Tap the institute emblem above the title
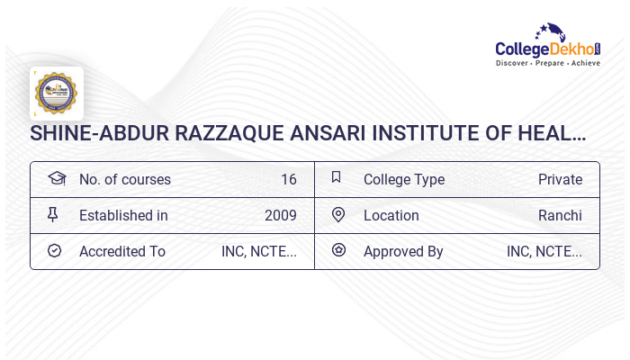56,94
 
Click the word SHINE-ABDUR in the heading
87,134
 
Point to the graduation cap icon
56,178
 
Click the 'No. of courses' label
124,179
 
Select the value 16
288,179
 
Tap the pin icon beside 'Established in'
53,214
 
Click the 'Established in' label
123,215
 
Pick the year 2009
280,215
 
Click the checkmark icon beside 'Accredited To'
54,251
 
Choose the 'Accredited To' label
122,251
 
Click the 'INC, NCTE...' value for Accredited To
258,251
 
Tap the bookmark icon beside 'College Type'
337,178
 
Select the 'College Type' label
403,179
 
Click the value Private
560,179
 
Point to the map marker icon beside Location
338,214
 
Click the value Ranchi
560,215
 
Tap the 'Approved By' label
403,251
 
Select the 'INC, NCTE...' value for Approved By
544,251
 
